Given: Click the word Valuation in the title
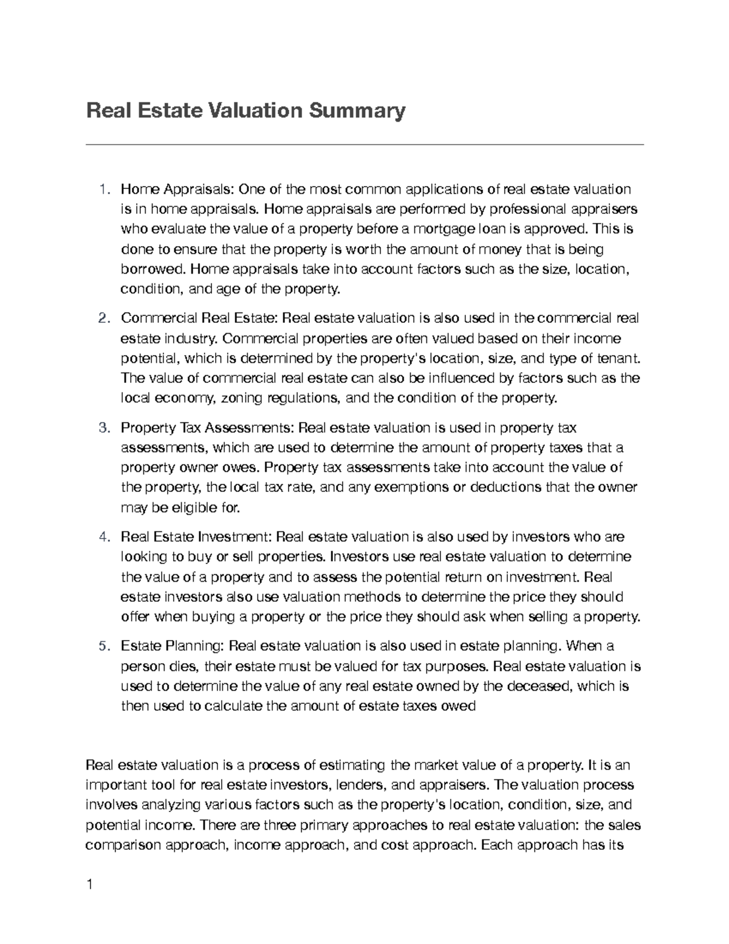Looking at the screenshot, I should [x=255, y=112].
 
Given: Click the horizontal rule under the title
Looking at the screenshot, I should [x=364, y=145].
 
